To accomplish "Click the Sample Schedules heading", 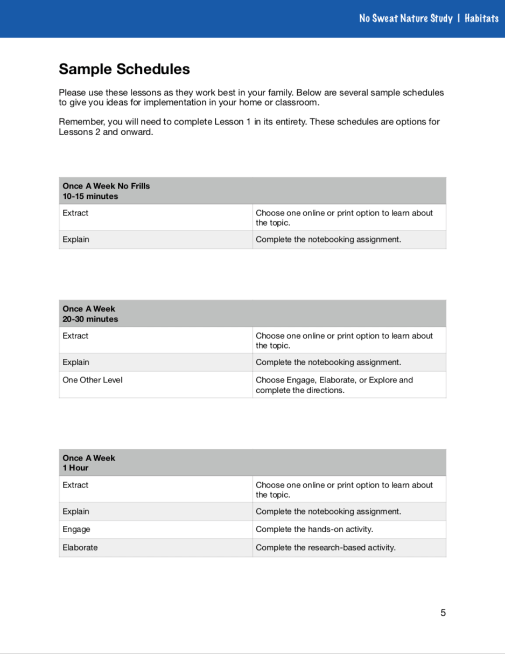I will pos(124,69).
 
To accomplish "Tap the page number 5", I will pos(443,613).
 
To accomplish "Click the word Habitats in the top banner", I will pos(481,18).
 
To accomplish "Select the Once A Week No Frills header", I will pos(106,186).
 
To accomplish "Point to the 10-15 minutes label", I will pos(90,196).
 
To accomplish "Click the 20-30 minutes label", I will pos(90,319).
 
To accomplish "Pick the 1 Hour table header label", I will pos(75,468).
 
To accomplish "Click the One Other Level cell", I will pos(93,380).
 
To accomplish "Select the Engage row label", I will pos(76,529).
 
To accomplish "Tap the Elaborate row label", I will pos(80,547).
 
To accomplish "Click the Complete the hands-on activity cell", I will pos(314,529).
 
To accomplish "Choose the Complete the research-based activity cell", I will pos(326,547).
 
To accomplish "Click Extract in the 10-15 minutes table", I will pos(75,213).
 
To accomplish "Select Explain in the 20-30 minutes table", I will pos(76,362).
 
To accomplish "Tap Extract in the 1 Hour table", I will pos(75,485).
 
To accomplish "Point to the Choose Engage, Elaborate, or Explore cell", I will pos(334,385).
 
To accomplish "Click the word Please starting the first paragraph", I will pos(72,93).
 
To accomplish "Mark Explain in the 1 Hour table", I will pos(76,511).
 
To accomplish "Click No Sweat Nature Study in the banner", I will pos(406,18).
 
